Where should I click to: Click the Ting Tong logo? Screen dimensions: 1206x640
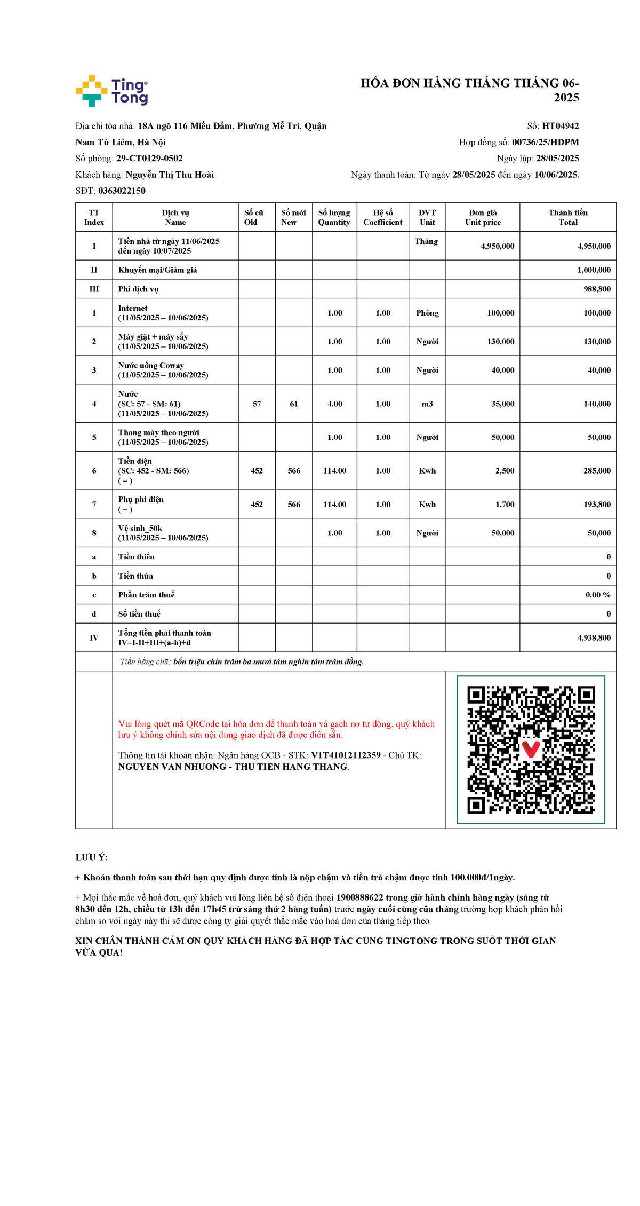pyautogui.click(x=112, y=91)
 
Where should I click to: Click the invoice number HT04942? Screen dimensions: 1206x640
pyautogui.click(x=560, y=126)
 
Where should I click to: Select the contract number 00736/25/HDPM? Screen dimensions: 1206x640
pyautogui.click(x=545, y=142)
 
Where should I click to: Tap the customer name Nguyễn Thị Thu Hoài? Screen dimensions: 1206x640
pyautogui.click(x=170, y=175)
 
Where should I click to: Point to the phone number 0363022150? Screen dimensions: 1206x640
pyautogui.click(x=122, y=191)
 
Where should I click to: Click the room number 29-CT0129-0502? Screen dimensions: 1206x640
pyautogui.click(x=149, y=159)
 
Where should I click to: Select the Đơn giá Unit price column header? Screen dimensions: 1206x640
pyautogui.click(x=483, y=217)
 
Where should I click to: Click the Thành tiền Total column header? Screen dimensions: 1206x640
pyautogui.click(x=567, y=217)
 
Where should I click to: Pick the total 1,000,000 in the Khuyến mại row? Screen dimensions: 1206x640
pyautogui.click(x=594, y=270)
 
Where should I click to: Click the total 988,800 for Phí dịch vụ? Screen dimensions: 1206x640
pyautogui.click(x=597, y=289)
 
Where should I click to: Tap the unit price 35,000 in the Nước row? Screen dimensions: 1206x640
pyautogui.click(x=502, y=404)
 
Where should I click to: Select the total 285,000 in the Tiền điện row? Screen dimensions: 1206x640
pyautogui.click(x=597, y=471)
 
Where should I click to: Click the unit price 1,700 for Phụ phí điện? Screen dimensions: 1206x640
pyautogui.click(x=505, y=505)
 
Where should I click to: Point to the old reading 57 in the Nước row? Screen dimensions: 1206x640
pyautogui.click(x=257, y=404)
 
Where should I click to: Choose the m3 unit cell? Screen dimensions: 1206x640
pyautogui.click(x=427, y=404)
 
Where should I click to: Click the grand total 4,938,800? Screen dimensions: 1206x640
pyautogui.click(x=594, y=638)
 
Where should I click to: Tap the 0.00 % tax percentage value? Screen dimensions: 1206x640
pyautogui.click(x=598, y=595)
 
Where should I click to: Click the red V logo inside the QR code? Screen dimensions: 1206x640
pyautogui.click(x=531, y=748)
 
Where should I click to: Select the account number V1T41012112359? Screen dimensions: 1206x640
pyautogui.click(x=346, y=755)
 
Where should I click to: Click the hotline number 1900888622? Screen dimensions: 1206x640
pyautogui.click(x=359, y=898)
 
